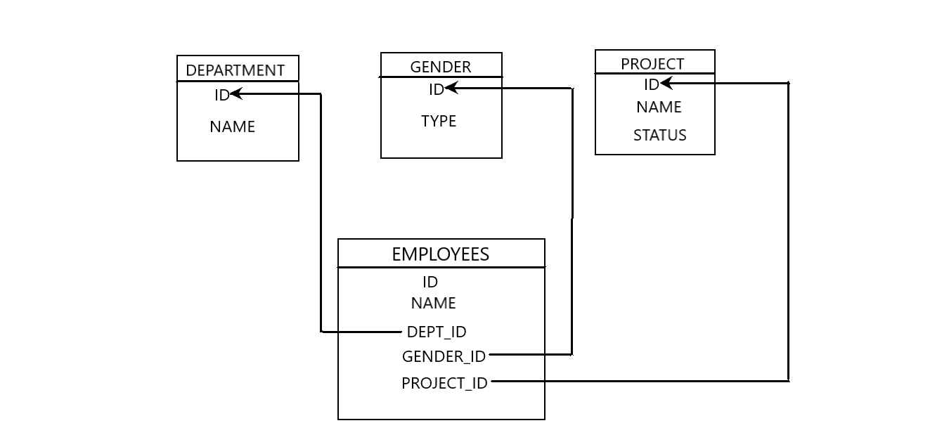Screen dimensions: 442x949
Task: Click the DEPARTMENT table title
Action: [235, 70]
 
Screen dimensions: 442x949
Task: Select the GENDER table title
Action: [441, 67]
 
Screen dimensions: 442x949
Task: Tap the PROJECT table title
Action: [652, 64]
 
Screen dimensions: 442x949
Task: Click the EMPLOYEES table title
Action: [441, 254]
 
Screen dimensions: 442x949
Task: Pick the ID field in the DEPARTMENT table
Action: [221, 96]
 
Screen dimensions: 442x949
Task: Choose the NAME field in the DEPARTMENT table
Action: [232, 127]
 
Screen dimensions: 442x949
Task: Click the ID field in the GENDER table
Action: [436, 90]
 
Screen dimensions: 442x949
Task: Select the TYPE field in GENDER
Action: [439, 122]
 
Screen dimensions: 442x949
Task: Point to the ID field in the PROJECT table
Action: [651, 85]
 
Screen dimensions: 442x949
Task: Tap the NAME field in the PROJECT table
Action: [659, 108]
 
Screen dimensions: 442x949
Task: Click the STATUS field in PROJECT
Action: [659, 136]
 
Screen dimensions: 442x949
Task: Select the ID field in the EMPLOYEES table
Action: [430, 282]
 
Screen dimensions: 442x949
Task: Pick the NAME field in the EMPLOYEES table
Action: [433, 304]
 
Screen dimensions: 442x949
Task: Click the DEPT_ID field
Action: [437, 332]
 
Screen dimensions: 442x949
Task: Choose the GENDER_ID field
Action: [444, 357]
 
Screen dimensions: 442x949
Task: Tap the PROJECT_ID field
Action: [444, 384]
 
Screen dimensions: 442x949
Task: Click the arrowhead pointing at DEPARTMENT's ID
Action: [236, 93]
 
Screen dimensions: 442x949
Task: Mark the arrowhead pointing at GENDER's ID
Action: [451, 88]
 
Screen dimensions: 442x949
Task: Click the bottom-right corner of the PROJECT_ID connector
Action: [788, 381]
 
